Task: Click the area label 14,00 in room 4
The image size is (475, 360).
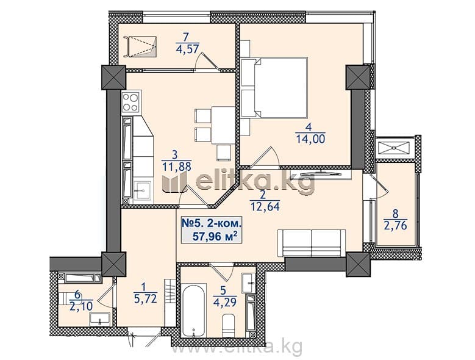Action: click(310, 139)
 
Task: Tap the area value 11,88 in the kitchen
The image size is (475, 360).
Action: click(177, 167)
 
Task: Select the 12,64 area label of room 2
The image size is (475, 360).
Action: click(265, 207)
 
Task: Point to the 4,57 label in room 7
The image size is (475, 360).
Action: click(187, 49)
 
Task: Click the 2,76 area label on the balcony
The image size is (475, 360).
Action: click(395, 225)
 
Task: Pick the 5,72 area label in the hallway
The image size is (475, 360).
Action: click(145, 299)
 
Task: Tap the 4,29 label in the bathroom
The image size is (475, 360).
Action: click(225, 302)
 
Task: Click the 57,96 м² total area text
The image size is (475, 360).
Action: click(215, 236)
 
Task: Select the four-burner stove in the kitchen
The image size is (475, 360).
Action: click(131, 102)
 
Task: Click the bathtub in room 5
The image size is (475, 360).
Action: click(194, 310)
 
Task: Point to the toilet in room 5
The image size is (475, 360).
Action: click(229, 325)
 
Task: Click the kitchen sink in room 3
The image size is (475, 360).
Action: click(142, 190)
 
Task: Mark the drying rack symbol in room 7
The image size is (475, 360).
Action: click(140, 46)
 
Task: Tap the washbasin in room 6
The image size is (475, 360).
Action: click(99, 320)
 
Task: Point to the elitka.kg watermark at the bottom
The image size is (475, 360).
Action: click(237, 347)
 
